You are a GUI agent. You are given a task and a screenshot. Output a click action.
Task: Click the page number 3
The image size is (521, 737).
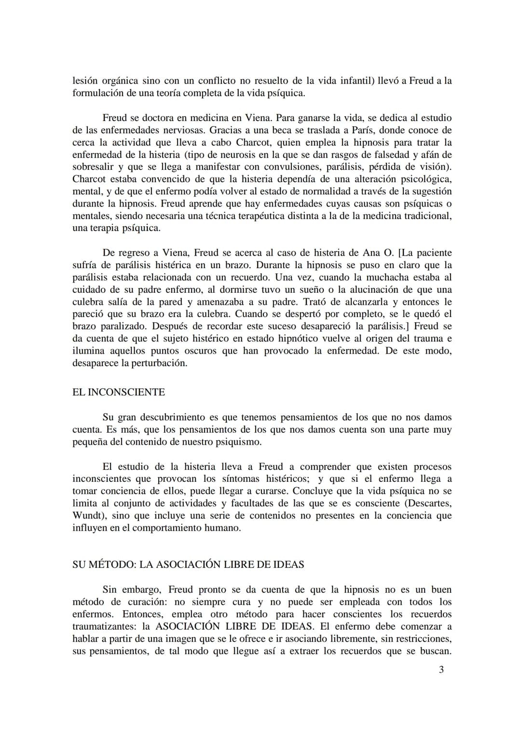(x=441, y=669)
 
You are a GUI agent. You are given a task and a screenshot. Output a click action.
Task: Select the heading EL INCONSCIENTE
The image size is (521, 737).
(x=119, y=392)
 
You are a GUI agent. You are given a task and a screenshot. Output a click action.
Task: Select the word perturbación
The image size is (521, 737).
(x=154, y=363)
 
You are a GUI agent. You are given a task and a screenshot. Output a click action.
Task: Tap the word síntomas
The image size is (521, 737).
(x=242, y=479)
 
